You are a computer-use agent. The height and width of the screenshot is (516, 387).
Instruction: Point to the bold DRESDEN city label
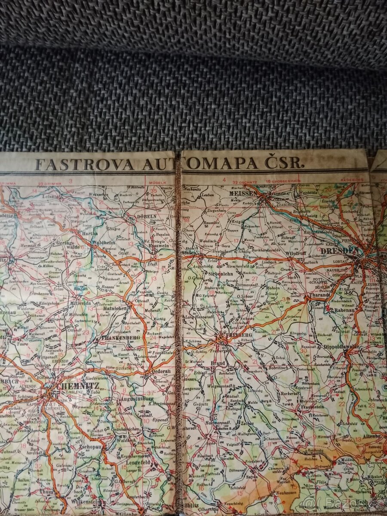coord(339,251)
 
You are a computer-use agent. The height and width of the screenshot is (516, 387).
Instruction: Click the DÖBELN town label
coord(147,217)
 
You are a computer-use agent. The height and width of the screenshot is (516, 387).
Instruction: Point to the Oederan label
coord(161,371)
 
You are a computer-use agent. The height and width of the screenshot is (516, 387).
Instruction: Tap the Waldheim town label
coord(103,243)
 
